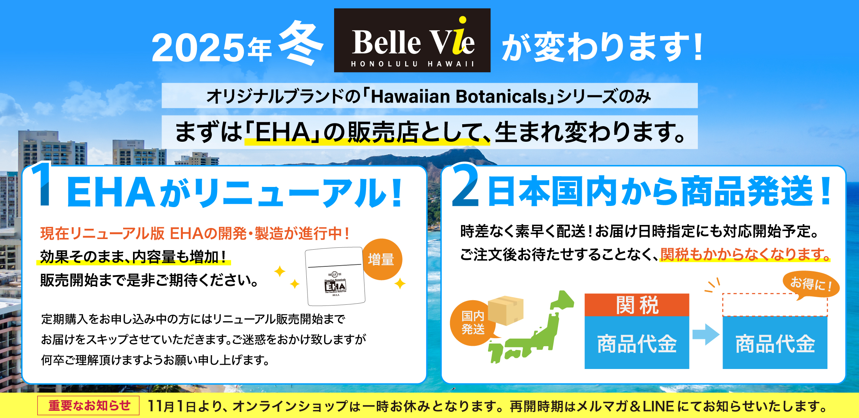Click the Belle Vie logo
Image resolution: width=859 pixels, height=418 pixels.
coord(412,40)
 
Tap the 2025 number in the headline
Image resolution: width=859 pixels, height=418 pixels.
coord(198,48)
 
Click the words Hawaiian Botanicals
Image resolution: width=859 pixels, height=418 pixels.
coord(459,96)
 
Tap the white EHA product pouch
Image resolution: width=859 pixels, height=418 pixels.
coord(335,276)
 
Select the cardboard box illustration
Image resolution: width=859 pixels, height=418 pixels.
coord(506,310)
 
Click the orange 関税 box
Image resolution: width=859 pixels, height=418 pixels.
coord(637,305)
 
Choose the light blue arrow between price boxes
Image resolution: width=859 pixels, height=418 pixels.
coord(706,334)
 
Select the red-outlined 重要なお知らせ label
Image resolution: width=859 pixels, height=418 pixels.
coord(89,405)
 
